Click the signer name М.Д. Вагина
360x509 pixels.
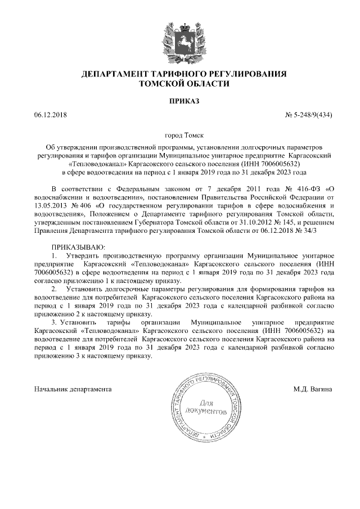(313, 389)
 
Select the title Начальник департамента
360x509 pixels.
(73, 389)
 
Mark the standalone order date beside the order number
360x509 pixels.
(50, 115)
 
